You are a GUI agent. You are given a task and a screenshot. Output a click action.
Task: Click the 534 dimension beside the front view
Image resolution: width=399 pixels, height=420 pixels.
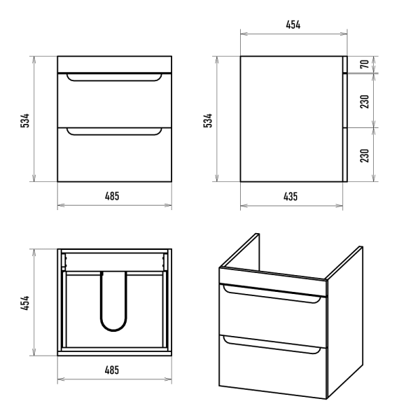[24, 120]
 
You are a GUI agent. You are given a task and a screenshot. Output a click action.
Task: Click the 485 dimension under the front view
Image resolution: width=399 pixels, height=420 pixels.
[112, 196]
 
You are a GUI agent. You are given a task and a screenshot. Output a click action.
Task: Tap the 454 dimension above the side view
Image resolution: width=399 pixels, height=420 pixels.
[293, 24]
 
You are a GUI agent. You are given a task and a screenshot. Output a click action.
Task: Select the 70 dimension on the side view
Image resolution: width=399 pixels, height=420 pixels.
[365, 64]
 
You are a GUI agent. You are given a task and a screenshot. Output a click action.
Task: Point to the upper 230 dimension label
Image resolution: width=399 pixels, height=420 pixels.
[365, 101]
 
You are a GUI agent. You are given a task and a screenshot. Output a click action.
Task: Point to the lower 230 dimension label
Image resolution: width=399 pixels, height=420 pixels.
[365, 155]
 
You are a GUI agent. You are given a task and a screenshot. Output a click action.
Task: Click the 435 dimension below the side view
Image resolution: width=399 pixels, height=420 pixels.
[290, 196]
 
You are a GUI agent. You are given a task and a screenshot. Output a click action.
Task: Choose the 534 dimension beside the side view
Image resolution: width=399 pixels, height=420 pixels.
[208, 120]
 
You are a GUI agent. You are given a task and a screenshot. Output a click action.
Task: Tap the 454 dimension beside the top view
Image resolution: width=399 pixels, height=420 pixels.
[24, 303]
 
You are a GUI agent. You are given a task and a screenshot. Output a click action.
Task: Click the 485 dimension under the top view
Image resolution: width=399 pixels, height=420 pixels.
[112, 370]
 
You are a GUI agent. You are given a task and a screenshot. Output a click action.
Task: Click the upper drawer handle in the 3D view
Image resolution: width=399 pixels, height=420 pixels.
[272, 297]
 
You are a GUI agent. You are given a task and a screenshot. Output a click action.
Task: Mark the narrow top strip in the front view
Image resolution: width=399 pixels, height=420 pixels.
[115, 64]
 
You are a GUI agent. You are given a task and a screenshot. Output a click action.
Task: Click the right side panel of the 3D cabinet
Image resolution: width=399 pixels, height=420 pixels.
[345, 321]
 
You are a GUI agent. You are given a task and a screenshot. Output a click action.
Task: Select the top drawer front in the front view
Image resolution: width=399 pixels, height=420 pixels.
[115, 100]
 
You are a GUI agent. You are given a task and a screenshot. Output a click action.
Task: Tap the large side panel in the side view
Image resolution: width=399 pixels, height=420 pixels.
[292, 119]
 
